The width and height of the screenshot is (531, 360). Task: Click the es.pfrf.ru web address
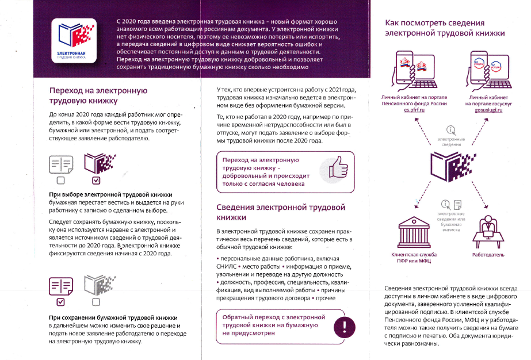pos(414,109)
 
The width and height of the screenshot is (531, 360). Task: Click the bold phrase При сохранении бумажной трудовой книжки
pos(113,317)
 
